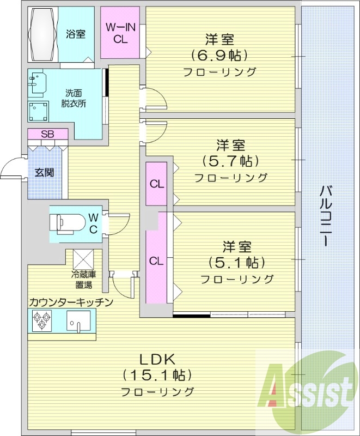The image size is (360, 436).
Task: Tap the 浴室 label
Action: click(76, 34)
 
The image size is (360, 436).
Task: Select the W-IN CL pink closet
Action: click(120, 33)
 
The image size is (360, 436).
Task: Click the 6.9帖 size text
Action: click(219, 55)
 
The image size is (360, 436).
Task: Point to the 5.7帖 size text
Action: click(230, 161)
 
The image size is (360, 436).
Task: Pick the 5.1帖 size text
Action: click(237, 262)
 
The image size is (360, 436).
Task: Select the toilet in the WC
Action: click(67, 223)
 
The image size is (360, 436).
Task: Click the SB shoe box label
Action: click(47, 134)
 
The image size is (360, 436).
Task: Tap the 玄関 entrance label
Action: click(44, 173)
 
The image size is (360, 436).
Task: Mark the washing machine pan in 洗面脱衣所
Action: click(38, 111)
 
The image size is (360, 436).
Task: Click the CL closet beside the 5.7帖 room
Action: click(157, 184)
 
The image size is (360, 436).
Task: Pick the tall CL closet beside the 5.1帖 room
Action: click(157, 261)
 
